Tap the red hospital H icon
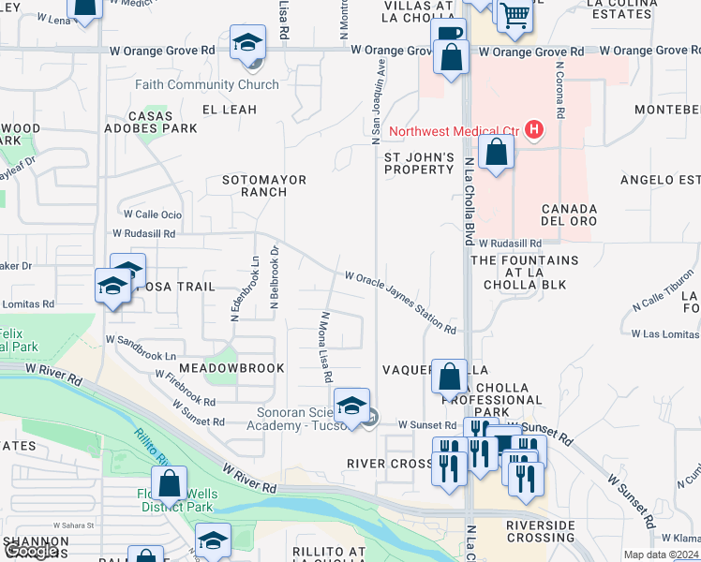534,129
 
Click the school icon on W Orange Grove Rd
248,43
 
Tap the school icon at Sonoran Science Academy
351,407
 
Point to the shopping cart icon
514,15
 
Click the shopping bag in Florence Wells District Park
170,484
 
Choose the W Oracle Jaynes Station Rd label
400,303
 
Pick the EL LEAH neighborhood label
230,110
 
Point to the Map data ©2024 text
660,555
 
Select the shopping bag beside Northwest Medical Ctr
496,154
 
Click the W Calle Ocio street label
148,214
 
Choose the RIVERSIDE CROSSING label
541,531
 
